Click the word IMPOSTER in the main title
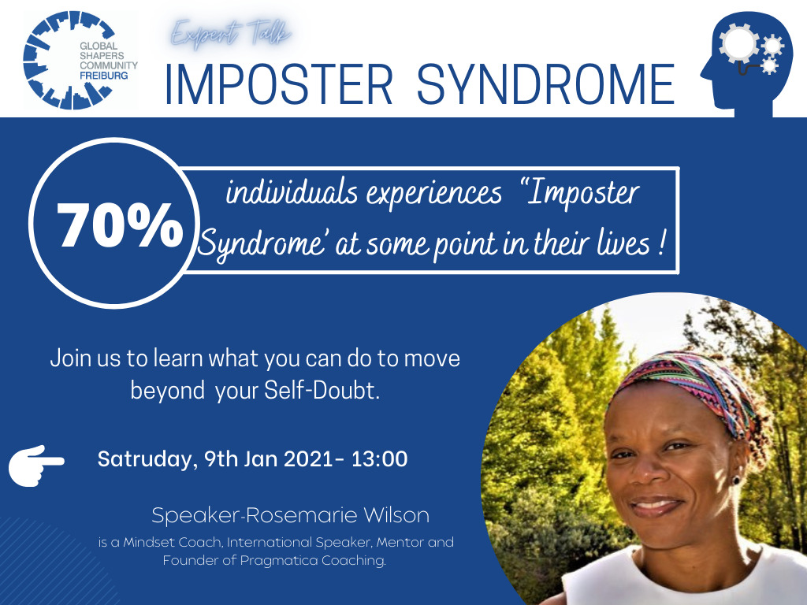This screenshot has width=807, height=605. (278, 84)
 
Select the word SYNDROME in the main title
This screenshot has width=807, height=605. (545, 84)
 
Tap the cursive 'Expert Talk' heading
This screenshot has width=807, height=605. (231, 35)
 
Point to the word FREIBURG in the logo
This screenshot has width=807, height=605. (103, 76)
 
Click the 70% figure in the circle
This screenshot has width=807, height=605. (120, 225)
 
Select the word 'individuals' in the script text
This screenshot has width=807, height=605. (292, 192)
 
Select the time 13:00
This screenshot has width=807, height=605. (379, 458)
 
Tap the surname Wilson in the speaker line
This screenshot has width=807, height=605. (396, 515)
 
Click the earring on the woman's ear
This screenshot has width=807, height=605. (736, 480)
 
